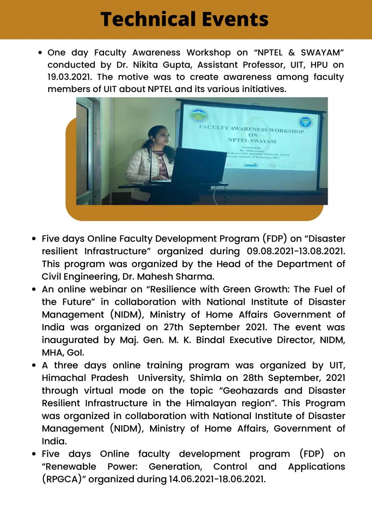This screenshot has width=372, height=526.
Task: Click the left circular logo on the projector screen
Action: (198, 116)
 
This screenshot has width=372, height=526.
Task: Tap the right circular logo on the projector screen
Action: (306, 122)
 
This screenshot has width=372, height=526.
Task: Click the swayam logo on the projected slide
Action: (251, 165)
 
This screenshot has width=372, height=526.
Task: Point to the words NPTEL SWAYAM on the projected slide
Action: (251, 141)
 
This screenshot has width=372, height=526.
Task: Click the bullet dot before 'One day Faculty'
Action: (40, 53)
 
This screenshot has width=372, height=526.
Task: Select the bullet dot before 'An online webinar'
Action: (34, 290)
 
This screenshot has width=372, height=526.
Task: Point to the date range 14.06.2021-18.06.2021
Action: (217, 479)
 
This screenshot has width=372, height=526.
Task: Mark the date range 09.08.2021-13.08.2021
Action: (293, 252)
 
